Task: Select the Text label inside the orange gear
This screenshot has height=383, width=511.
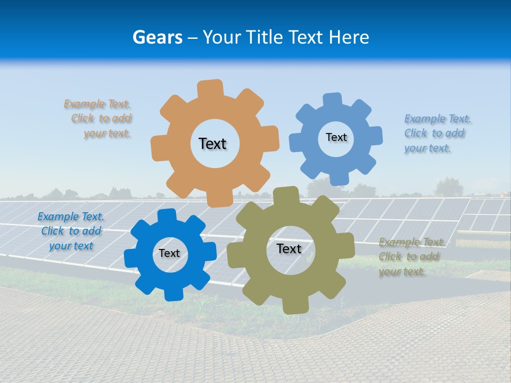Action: coord(212,144)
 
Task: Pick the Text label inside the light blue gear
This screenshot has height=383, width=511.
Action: coord(336,137)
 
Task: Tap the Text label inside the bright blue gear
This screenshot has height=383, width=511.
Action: coord(169,254)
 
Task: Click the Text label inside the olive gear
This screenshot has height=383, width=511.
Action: coord(289,249)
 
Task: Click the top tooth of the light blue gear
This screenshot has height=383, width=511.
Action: coord(333,100)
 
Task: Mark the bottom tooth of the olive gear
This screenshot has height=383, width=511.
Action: coord(294,305)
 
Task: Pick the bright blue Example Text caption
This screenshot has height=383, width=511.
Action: coord(71,231)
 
